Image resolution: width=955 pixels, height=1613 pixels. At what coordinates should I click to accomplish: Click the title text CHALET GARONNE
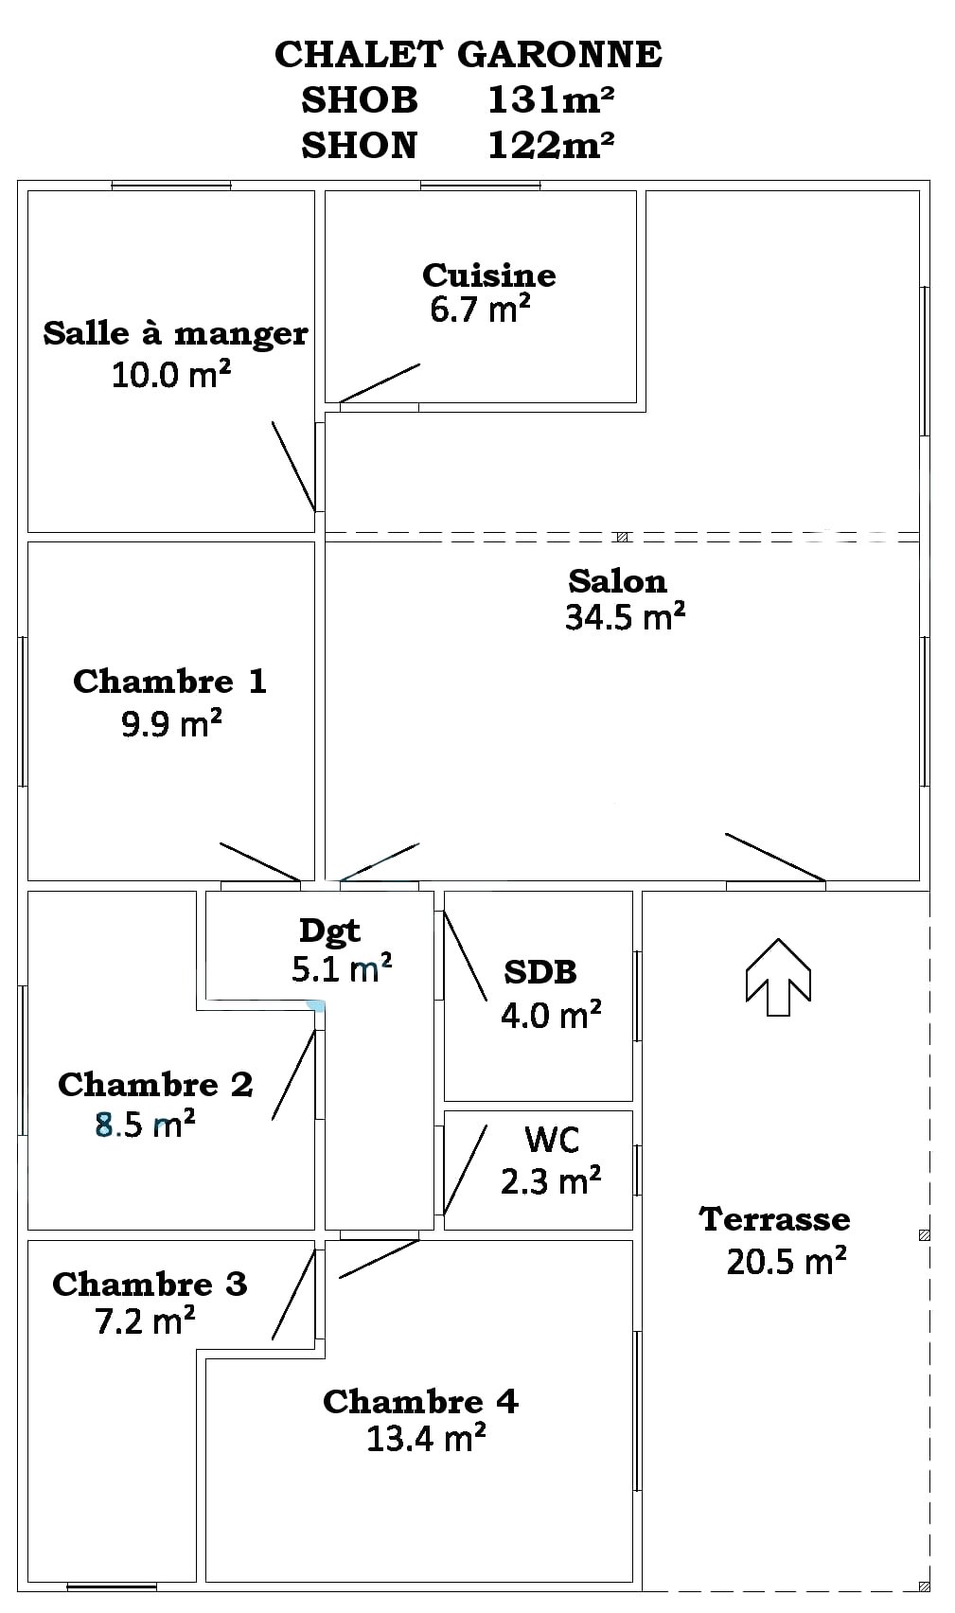point(468,55)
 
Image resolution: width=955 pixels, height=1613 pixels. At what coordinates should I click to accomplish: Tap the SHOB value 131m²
point(551,99)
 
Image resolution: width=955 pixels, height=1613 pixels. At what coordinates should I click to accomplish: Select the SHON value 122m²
point(551,145)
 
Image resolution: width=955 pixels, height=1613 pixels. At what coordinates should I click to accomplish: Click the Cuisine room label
point(488,275)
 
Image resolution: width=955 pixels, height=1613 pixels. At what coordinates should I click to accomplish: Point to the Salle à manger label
point(175,333)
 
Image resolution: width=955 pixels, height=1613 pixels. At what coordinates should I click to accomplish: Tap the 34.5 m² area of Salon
point(625,617)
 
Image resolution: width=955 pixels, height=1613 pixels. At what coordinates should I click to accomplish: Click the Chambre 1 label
point(169,682)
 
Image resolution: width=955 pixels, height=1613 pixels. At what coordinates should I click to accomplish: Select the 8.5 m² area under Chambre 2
point(145,1125)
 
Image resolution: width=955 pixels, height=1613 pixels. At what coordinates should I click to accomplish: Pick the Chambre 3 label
point(150,1284)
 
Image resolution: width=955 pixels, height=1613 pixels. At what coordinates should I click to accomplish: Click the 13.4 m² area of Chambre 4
point(426,1439)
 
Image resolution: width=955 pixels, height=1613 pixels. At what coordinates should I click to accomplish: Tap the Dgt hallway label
point(329,931)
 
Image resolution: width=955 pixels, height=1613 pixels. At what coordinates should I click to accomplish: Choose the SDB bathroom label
point(540,972)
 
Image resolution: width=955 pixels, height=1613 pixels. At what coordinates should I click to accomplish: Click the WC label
point(552,1140)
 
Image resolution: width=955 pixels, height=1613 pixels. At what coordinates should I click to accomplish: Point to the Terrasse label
point(774,1219)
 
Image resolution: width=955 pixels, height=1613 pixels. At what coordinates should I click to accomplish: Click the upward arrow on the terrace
point(778,977)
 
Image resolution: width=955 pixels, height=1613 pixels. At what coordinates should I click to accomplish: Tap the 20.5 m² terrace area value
point(787,1262)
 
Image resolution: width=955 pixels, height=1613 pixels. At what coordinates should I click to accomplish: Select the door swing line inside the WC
point(465,1170)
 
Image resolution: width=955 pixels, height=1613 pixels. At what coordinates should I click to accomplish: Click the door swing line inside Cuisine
point(380,383)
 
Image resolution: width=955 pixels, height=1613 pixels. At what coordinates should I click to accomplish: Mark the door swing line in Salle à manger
point(293,466)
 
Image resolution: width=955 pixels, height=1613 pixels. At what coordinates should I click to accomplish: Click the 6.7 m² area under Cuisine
point(480,310)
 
